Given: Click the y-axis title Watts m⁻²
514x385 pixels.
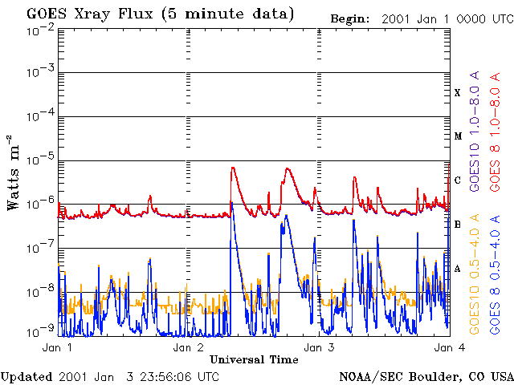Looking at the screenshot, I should (13, 172).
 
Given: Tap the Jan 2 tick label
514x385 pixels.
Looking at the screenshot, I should (188, 348).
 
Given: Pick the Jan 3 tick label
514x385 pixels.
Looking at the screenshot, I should (319, 348).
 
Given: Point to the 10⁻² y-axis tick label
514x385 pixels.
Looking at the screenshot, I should (39, 30).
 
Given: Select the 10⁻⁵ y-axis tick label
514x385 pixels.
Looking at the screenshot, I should (39, 160).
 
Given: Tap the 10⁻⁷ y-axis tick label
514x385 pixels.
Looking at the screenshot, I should (39, 248).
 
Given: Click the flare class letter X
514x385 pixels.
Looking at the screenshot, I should (458, 93).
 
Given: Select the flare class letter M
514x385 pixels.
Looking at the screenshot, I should (458, 136).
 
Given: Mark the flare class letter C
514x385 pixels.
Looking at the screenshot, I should (458, 180).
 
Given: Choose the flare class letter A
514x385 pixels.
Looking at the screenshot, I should (458, 269).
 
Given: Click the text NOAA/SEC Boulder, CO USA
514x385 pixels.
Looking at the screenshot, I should (426, 376).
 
